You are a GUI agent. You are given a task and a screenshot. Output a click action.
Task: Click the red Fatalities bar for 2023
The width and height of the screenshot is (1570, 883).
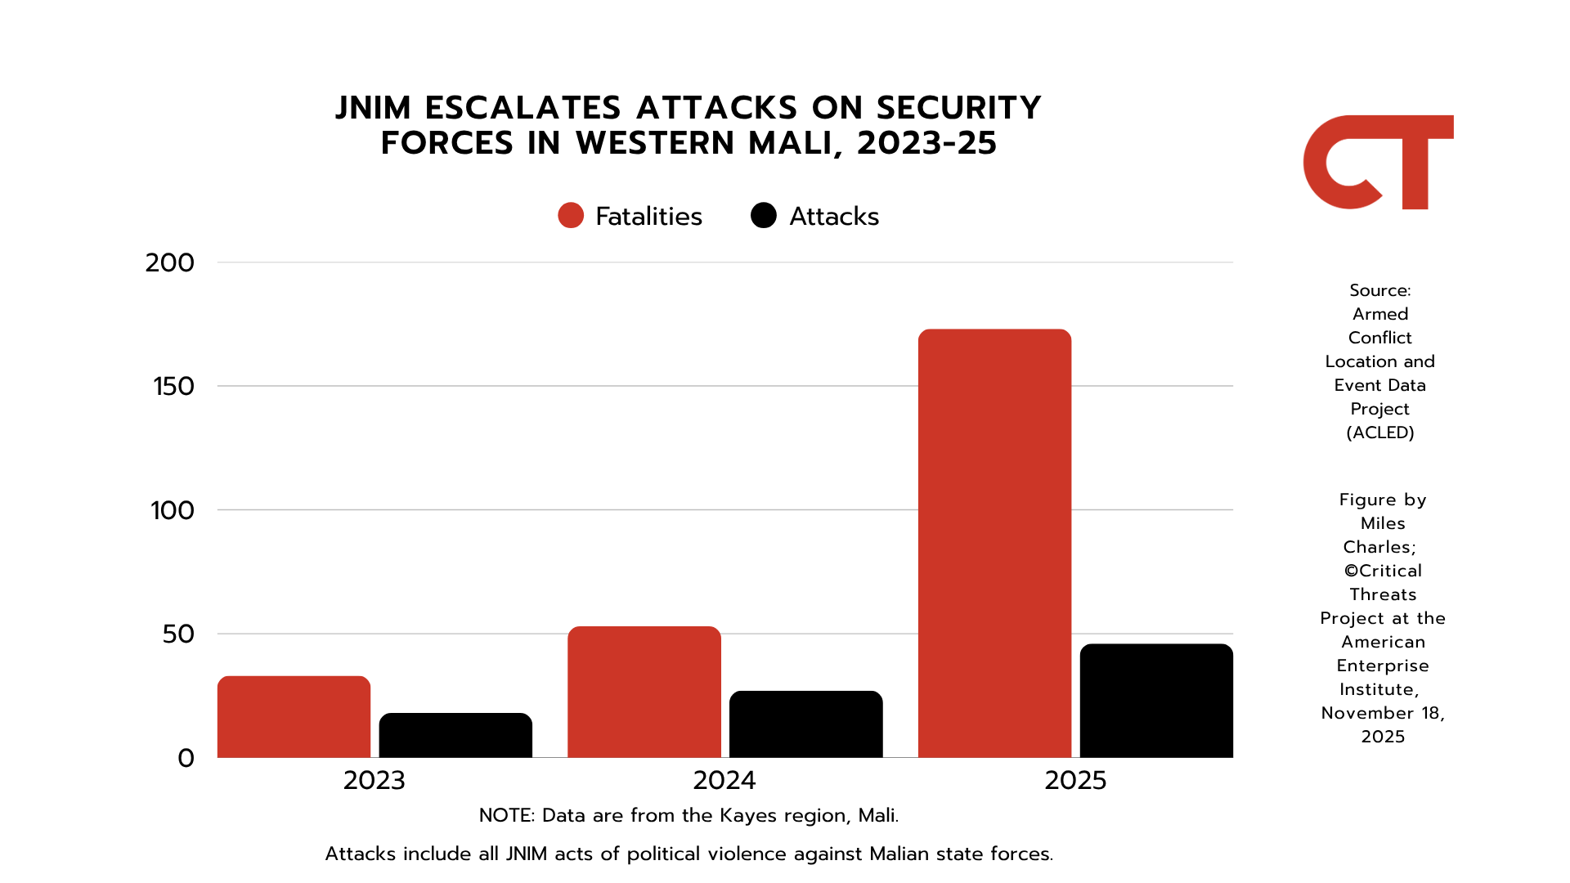[x=294, y=717]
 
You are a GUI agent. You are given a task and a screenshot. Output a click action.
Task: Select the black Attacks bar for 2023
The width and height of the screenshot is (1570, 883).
[x=455, y=735]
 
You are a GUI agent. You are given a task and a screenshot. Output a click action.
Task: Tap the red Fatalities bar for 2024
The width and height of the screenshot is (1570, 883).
[x=644, y=692]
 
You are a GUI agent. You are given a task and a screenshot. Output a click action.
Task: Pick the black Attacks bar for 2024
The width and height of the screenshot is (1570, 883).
[x=805, y=724]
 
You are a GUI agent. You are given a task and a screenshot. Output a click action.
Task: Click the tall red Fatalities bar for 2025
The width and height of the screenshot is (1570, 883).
[x=994, y=543]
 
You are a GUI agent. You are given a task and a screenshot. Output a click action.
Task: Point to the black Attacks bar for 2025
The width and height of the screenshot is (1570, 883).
[x=1156, y=701]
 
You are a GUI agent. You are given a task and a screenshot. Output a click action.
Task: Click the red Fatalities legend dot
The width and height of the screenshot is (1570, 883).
[x=571, y=216]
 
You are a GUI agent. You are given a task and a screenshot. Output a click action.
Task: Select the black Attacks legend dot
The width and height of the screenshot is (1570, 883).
[x=764, y=216]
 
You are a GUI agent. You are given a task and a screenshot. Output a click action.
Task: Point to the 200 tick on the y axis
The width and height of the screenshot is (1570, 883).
[x=170, y=263]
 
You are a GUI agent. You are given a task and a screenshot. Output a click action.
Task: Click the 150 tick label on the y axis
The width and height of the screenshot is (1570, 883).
[x=173, y=387]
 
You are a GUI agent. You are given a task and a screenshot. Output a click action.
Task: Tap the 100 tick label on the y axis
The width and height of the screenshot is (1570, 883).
[x=173, y=511]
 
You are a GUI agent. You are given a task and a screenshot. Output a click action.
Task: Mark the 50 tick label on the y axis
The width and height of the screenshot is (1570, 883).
[x=178, y=634]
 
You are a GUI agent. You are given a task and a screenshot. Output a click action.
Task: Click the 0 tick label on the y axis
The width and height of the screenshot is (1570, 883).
[x=186, y=759]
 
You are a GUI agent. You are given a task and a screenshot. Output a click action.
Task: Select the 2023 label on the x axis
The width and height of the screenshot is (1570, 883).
[x=374, y=781]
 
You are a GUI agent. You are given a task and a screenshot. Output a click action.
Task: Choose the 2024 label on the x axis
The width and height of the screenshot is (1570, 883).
[x=724, y=781]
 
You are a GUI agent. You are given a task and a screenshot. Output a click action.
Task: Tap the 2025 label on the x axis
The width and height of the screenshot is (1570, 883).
[x=1075, y=781]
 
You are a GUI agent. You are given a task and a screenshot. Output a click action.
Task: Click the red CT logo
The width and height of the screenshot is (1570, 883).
[x=1378, y=163]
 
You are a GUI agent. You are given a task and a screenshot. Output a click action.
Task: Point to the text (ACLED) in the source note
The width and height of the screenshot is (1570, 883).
[x=1380, y=433]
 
